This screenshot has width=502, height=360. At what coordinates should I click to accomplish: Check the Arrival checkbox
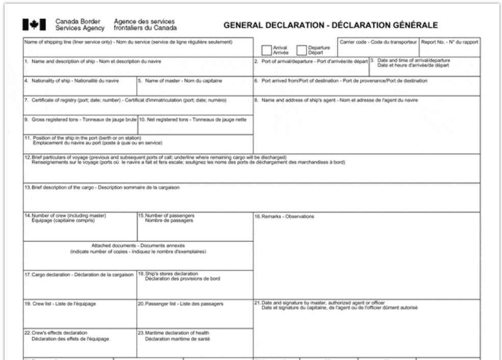[x=266, y=50]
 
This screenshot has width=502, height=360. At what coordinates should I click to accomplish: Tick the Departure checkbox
[x=302, y=50]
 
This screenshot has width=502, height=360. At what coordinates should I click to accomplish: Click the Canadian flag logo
[x=34, y=24]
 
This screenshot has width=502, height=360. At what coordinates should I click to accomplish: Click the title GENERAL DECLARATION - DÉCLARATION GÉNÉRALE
[x=331, y=25]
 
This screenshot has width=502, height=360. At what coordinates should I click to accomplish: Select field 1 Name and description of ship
[x=138, y=69]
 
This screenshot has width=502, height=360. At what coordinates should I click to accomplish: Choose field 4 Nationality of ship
[x=80, y=88]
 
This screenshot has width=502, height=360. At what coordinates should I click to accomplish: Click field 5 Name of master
[x=194, y=88]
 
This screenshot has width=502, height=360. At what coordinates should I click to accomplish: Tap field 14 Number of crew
[x=80, y=229]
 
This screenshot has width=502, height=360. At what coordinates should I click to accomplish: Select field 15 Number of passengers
[x=194, y=229]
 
